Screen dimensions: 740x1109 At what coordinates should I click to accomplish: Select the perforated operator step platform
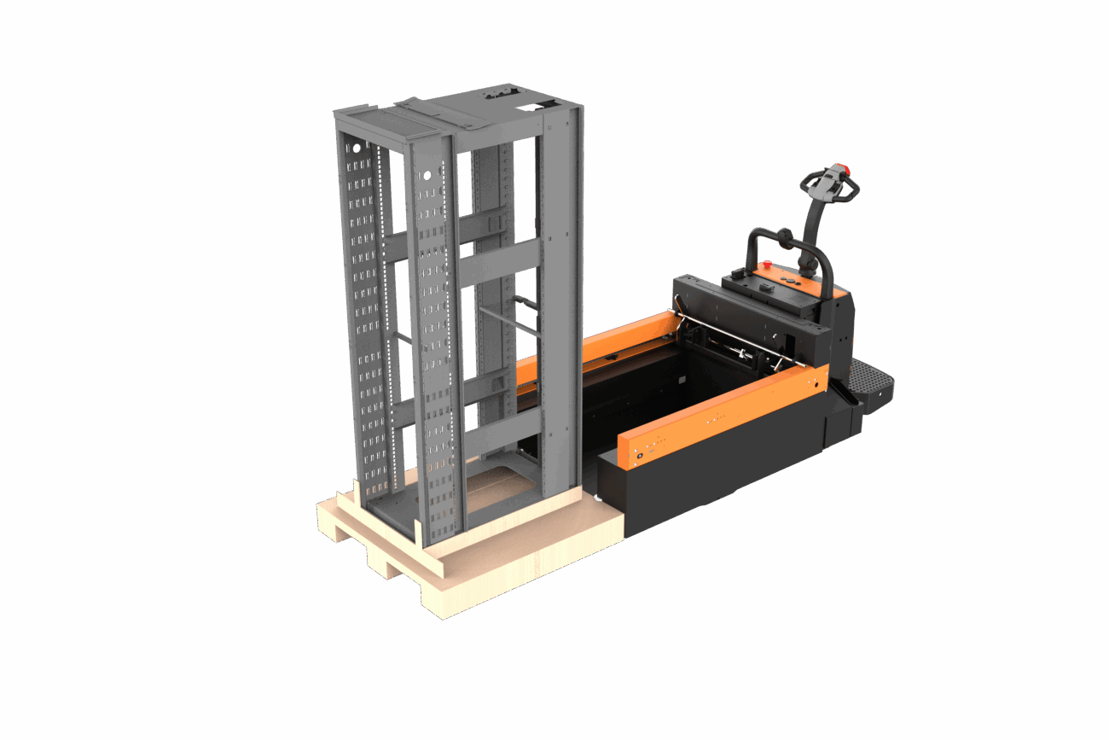pos(869,382)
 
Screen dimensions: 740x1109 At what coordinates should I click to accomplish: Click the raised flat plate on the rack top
pos(401,123)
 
